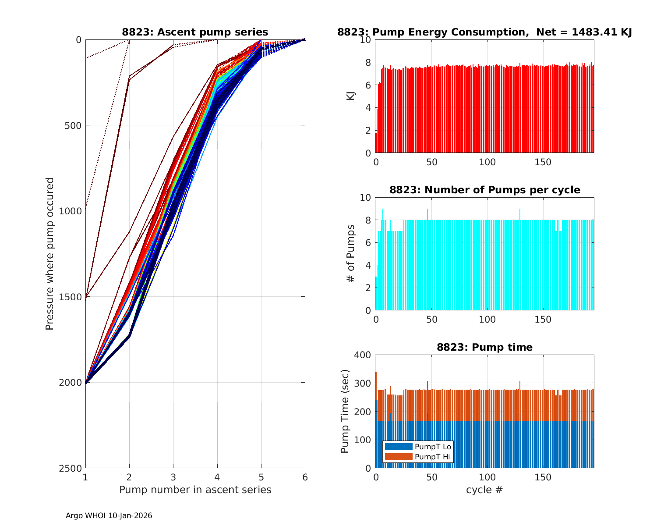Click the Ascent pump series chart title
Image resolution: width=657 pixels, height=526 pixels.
[x=195, y=32]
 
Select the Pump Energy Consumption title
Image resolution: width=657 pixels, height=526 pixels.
[x=484, y=32]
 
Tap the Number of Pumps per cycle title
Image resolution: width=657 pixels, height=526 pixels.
[x=484, y=190]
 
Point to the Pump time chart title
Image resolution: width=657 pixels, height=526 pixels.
[x=484, y=347]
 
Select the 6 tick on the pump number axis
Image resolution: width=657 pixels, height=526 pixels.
[x=305, y=477]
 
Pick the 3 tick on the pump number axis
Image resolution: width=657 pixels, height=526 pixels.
[x=173, y=477]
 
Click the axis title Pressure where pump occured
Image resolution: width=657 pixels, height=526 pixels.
[x=49, y=254]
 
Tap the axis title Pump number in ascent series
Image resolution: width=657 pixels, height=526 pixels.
[x=195, y=490]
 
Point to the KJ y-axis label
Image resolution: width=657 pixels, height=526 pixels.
[x=351, y=96]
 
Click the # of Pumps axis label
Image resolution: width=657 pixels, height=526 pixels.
[x=351, y=254]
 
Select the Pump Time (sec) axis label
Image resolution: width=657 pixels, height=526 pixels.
[x=345, y=411]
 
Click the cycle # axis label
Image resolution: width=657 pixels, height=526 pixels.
[x=484, y=490]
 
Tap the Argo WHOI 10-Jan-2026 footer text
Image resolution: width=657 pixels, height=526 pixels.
[x=109, y=515]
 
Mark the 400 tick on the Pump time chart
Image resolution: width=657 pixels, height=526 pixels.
[x=363, y=355]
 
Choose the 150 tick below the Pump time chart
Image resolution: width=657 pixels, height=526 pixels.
[x=543, y=477]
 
